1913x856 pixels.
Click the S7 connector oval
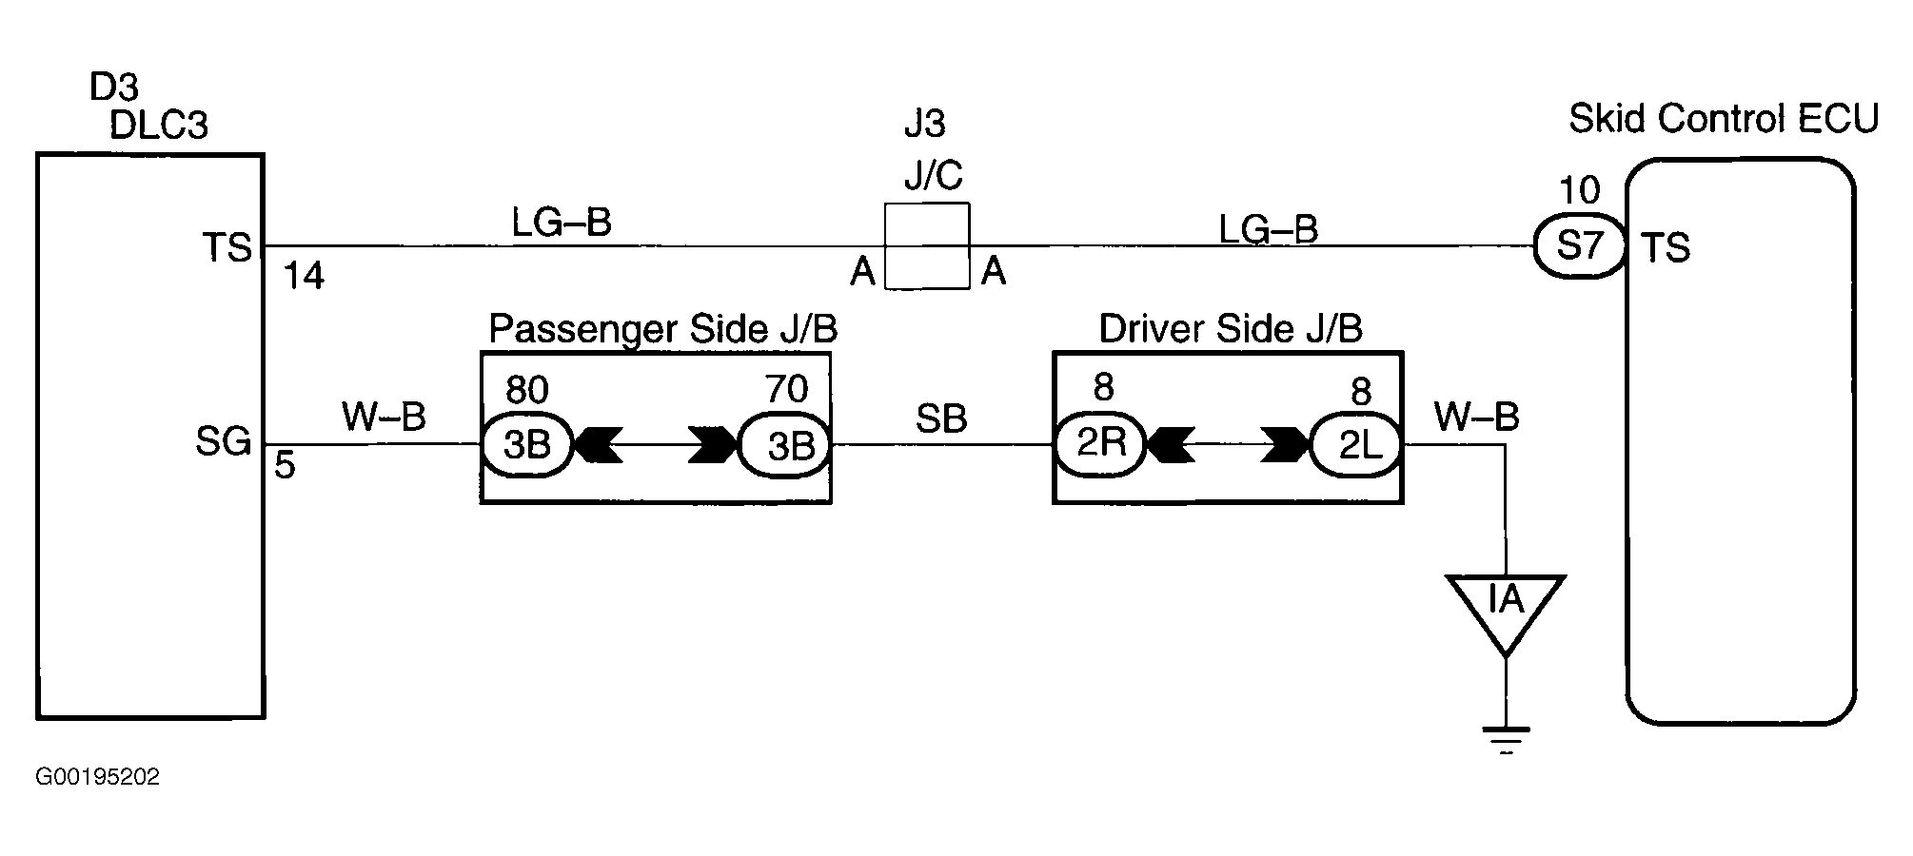[1580, 246]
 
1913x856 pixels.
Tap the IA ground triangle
[1506, 609]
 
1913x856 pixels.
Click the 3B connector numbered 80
[526, 444]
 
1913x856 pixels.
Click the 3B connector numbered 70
[785, 444]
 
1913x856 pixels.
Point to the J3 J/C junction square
[927, 245]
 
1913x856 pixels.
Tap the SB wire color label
[941, 418]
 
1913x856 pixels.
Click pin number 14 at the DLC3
[305, 277]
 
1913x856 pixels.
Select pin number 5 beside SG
[286, 466]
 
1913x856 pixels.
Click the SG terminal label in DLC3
[223, 441]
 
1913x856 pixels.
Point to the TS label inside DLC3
[227, 248]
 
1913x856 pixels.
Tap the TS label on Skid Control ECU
[1666, 247]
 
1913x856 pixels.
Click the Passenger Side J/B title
[662, 329]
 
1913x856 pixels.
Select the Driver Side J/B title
[1231, 328]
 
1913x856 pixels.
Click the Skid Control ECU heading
[1724, 119]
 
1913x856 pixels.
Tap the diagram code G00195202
[98, 777]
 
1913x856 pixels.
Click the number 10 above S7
[1580, 190]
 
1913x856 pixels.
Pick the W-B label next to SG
[384, 417]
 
